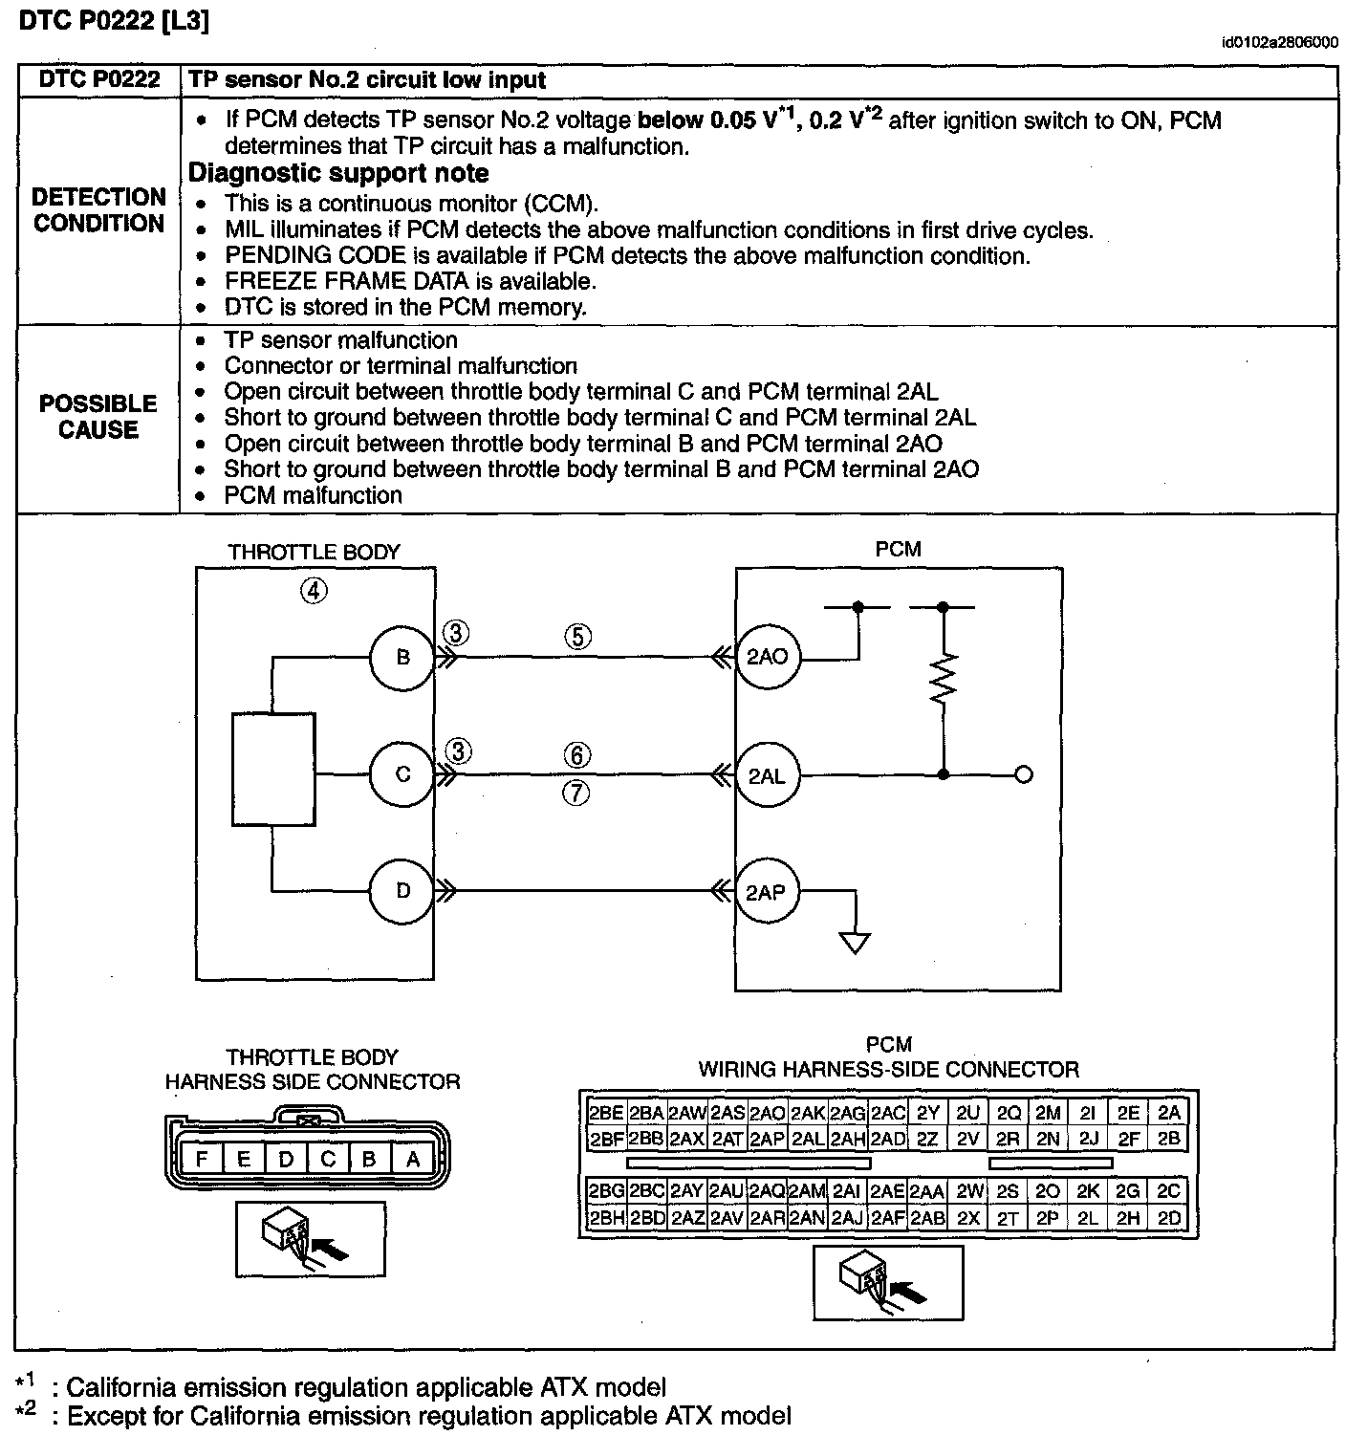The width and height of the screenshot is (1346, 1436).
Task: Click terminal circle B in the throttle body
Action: (402, 657)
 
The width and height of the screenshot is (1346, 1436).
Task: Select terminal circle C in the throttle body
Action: (402, 774)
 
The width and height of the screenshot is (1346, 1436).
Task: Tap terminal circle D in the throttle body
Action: (402, 891)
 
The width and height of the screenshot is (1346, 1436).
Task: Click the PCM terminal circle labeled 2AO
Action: (767, 657)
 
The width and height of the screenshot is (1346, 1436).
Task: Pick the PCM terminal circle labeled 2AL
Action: (767, 775)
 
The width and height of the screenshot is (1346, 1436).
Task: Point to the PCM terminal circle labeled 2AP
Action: (767, 892)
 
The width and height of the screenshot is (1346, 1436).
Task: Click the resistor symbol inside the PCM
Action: (944, 680)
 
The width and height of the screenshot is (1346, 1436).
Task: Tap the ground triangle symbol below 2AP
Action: (855, 943)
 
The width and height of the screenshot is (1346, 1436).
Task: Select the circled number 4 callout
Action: (315, 591)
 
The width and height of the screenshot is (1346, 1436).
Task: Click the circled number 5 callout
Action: (577, 637)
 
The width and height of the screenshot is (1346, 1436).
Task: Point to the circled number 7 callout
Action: (576, 794)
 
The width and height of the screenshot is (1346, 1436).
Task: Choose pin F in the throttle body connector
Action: (202, 1160)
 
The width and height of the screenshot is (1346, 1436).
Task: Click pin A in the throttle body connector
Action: (413, 1160)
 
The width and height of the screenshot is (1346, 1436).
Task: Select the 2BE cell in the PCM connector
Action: (606, 1113)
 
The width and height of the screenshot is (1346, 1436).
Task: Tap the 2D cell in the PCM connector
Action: (1168, 1218)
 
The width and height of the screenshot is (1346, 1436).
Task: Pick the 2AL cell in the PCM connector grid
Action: (807, 1139)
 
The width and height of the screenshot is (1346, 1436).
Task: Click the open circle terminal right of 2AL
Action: (1023, 775)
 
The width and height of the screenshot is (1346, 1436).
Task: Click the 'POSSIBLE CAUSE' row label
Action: (98, 417)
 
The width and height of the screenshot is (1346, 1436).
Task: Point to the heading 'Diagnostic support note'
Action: (338, 173)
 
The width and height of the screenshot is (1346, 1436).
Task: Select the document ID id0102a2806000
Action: (1278, 43)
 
